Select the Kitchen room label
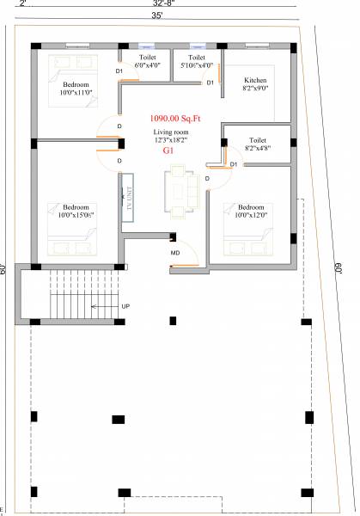(x=255, y=79)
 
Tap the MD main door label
(x=175, y=254)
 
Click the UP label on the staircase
(x=125, y=306)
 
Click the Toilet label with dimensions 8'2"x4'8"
(x=257, y=139)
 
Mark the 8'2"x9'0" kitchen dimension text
(x=255, y=88)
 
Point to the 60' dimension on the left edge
(x=4, y=268)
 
